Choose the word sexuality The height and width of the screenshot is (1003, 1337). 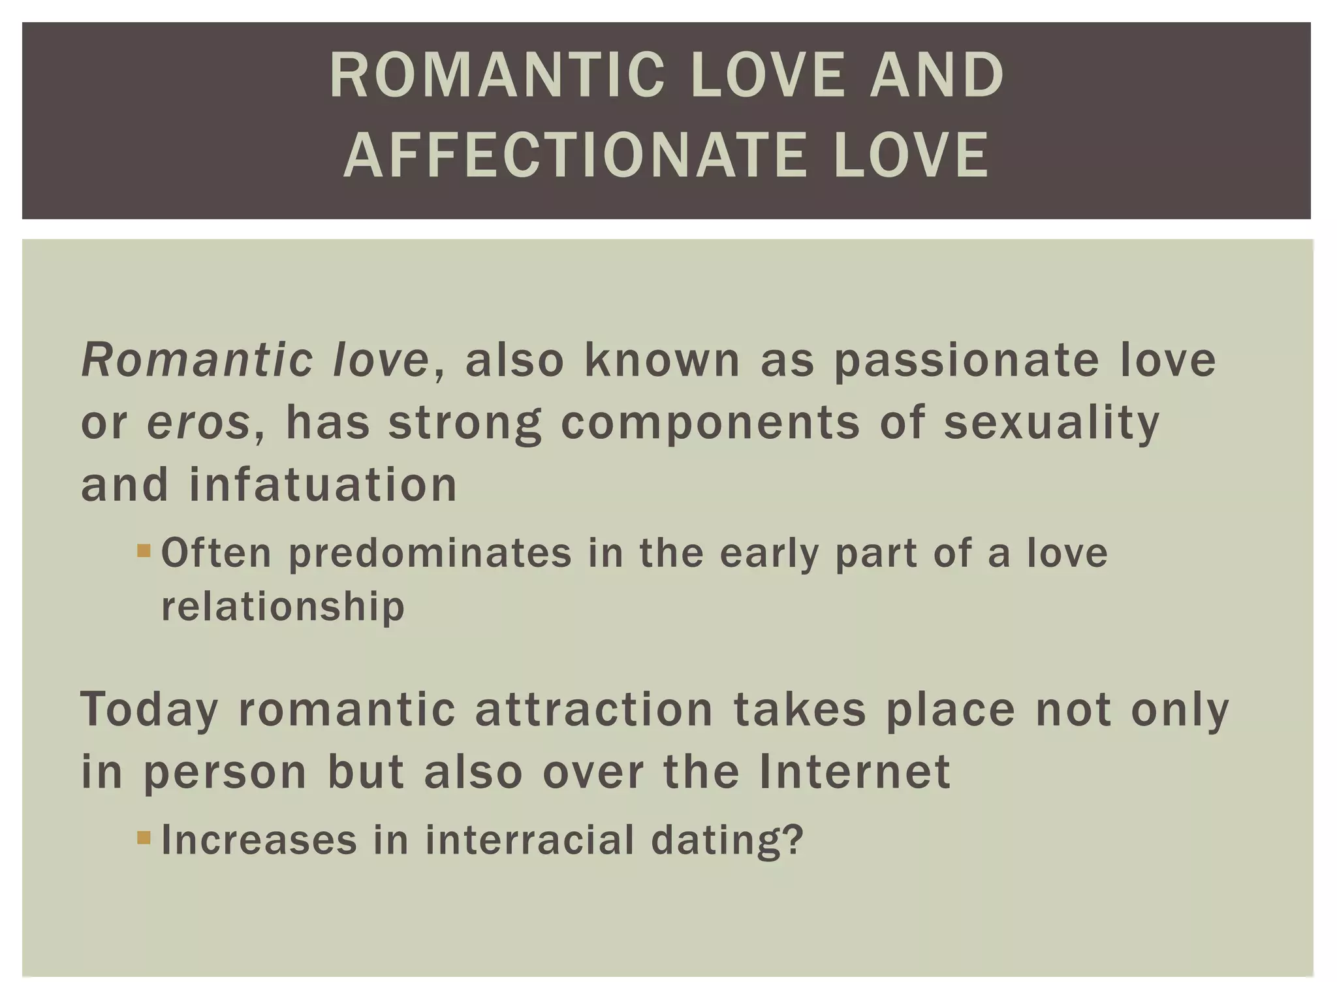click(1052, 422)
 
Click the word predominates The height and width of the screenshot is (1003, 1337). click(430, 553)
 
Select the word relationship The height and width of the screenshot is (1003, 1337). click(283, 607)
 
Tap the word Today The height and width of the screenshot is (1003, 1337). click(149, 710)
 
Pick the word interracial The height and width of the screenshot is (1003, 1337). click(529, 840)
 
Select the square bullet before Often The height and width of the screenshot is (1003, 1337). click(144, 552)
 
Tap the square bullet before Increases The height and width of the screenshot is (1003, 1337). click(144, 837)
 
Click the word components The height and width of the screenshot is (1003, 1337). click(710, 422)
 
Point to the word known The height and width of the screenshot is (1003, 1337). click(662, 360)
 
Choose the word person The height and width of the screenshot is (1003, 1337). click(225, 772)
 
